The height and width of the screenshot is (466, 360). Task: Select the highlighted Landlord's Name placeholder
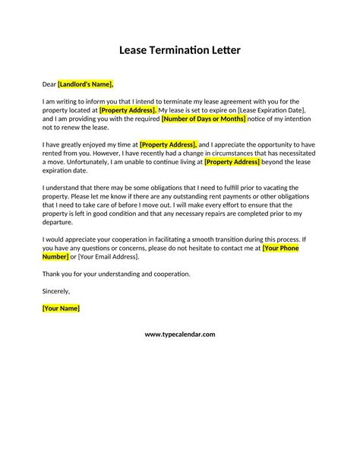point(86,84)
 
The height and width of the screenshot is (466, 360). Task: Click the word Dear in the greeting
point(49,84)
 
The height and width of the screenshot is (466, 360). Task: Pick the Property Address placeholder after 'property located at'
point(128,110)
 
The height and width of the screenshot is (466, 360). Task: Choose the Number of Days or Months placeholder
point(204,119)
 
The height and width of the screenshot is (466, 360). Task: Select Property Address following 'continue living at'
point(232,161)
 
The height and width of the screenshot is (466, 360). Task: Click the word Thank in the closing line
point(51,273)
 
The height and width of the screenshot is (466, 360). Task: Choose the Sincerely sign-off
point(55,290)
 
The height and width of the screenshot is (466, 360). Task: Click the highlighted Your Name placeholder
point(60,308)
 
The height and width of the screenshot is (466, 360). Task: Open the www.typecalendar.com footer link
point(180,334)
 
